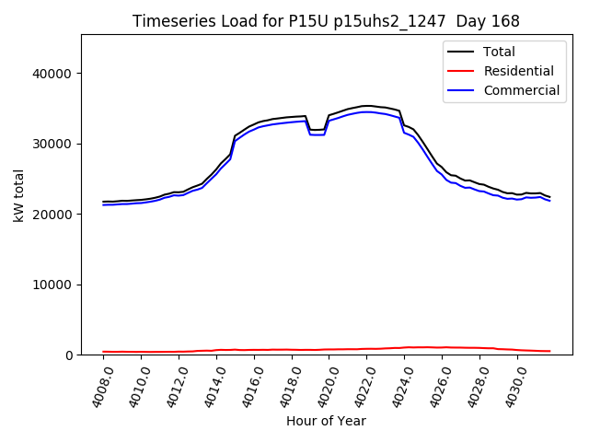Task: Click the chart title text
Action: point(326,21)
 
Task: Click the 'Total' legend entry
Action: point(500,52)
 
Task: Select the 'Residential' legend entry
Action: point(518,71)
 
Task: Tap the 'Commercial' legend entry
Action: point(521,90)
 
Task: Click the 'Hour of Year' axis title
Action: point(326,421)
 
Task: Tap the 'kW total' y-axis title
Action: point(19,195)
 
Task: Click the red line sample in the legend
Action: point(462,71)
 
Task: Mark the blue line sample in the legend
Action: point(462,90)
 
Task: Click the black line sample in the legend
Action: point(462,52)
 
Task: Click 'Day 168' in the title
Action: point(488,21)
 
